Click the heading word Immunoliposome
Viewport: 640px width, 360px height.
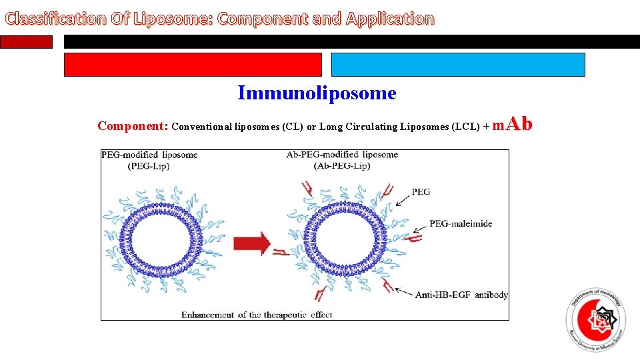click(317, 93)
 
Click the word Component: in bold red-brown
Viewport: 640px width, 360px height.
click(133, 126)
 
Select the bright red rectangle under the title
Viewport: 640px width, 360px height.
click(193, 65)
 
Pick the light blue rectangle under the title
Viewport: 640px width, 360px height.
click(458, 65)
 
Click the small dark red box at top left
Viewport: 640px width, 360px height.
click(26, 41)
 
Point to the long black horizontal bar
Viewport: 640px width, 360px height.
click(351, 41)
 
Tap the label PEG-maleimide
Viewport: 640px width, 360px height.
click(461, 224)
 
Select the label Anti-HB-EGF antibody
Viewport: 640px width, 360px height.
click(461, 295)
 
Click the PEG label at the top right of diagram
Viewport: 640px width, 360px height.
click(421, 192)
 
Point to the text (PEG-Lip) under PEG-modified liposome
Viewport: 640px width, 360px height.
click(148, 166)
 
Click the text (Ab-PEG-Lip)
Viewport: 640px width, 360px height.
click(342, 166)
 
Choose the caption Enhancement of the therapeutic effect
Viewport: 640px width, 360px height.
click(257, 315)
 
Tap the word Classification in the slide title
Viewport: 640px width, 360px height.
click(55, 19)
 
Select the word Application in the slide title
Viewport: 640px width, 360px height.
click(389, 19)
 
